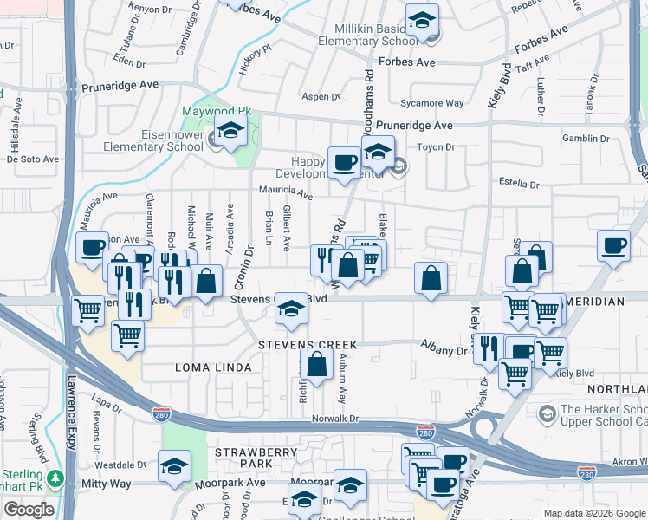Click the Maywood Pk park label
(216, 113)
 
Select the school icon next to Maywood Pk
(230, 133)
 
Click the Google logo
(29, 510)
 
